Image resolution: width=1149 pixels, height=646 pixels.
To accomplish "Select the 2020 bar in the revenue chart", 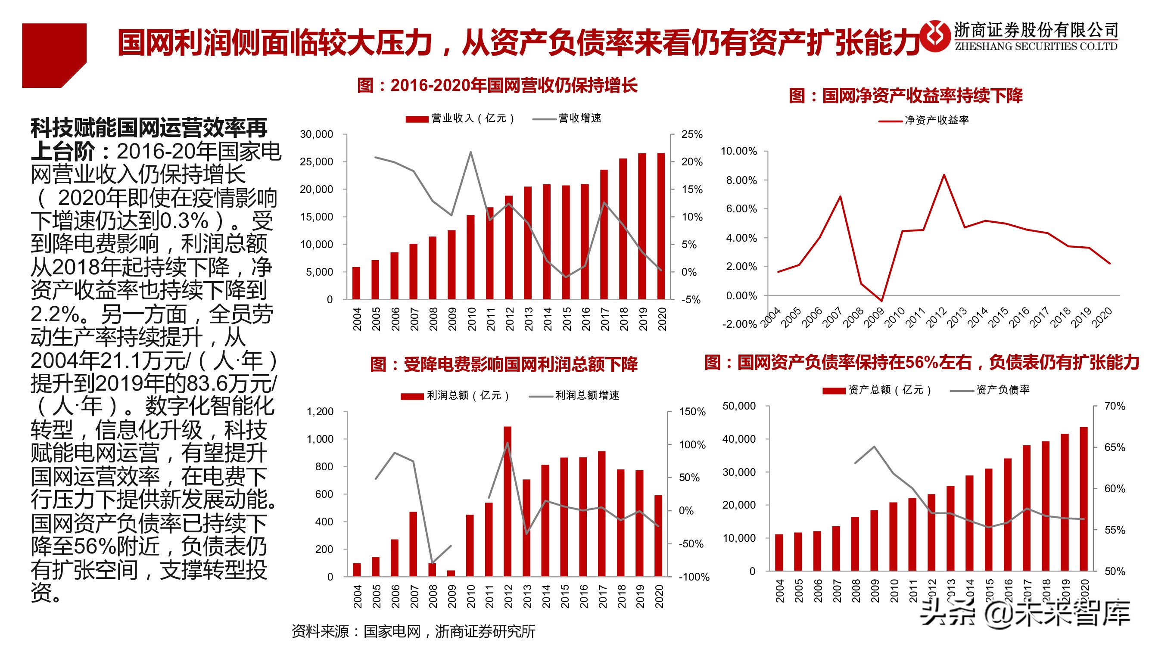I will (x=661, y=226).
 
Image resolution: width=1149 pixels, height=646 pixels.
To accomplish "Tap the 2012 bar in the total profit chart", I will (x=508, y=502).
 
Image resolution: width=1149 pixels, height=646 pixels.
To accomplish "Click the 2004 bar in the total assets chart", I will (x=779, y=553).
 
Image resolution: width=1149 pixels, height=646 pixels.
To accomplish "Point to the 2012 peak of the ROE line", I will (x=944, y=175).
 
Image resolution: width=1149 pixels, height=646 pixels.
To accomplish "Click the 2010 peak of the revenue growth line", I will (x=471, y=152).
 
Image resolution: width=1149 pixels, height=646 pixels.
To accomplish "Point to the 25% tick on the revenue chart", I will (x=692, y=134).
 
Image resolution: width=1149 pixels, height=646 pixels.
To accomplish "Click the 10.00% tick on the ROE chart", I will (x=738, y=151).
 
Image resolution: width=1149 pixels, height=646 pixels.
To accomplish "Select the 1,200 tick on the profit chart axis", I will (x=320, y=411).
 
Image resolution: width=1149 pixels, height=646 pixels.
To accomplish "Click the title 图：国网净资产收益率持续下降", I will (x=906, y=96).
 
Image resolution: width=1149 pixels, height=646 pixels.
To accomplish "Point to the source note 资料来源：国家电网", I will (x=413, y=631).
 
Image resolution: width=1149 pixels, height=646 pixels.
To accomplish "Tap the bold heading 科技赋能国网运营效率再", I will (x=149, y=128).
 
